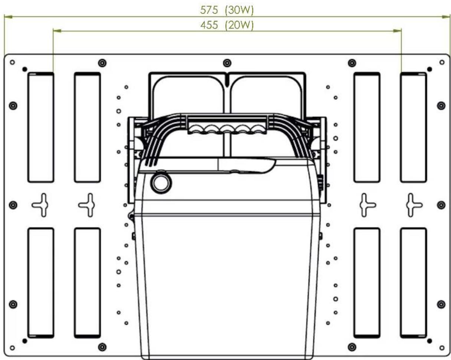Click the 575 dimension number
[x=209, y=10]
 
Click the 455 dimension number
[x=209, y=25]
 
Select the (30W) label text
[x=239, y=10]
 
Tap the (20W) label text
[x=239, y=25]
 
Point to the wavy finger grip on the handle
[x=227, y=129]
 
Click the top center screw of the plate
[x=227, y=63]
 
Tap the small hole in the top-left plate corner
[x=12, y=62]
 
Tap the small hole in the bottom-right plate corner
[x=442, y=348]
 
